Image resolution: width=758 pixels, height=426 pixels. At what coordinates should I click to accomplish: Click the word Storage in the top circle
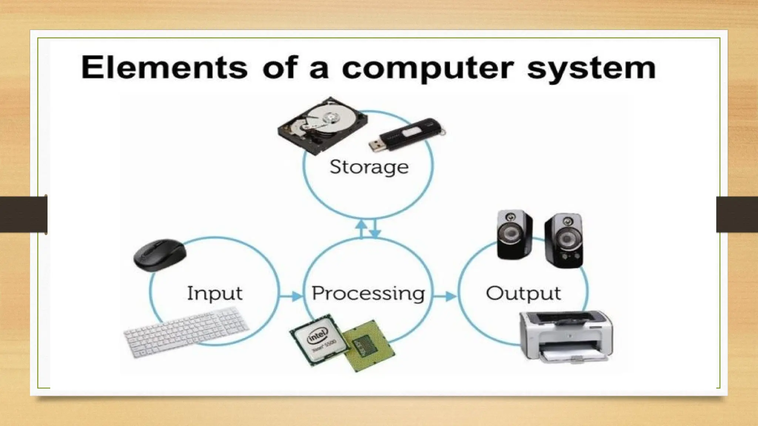pos(369,167)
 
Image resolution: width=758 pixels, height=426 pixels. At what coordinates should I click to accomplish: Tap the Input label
pos(215,294)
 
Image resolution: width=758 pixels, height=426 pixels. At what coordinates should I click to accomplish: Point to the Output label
pos(523,294)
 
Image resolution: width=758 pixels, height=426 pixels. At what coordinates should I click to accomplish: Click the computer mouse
pos(160,255)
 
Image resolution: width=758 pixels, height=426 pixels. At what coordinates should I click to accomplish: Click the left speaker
pos(514,234)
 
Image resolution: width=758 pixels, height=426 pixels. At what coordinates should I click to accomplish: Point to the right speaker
pos(564,240)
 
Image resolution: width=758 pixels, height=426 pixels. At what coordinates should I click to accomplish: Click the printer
pos(566,335)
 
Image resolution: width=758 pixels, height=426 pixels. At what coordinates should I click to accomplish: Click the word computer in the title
pos(428,68)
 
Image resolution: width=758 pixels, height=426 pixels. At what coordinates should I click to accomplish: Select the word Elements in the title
pos(164,67)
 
